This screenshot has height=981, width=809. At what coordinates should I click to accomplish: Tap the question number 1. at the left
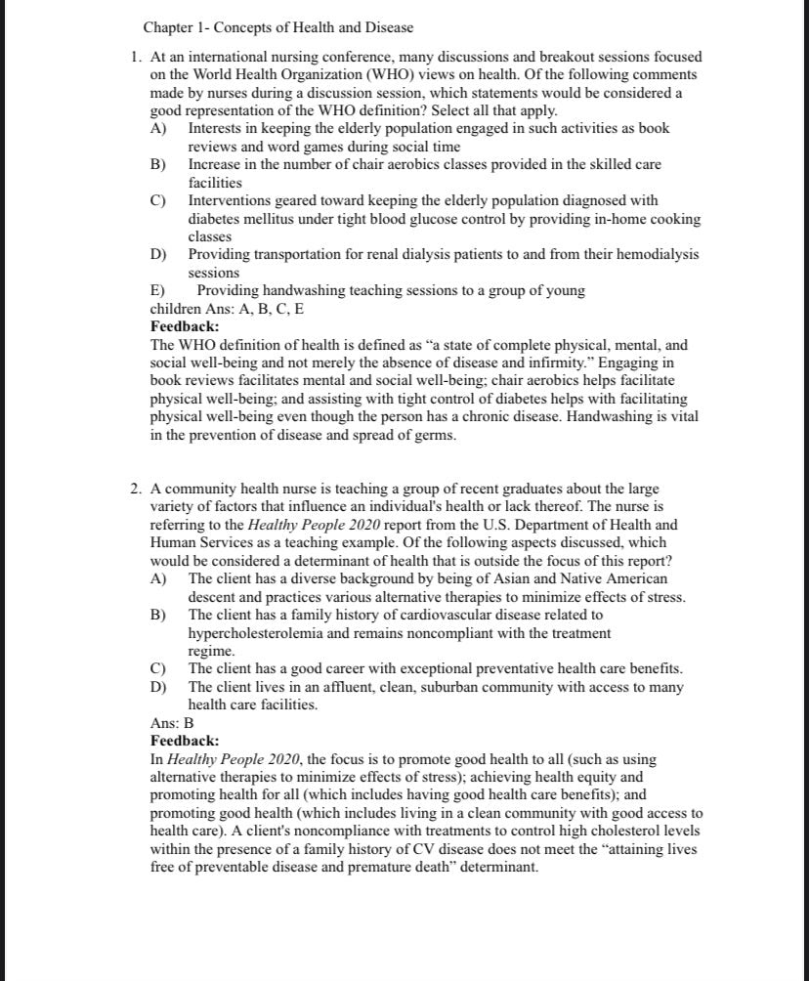point(137,58)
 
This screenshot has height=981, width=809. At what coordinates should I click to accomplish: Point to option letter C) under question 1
point(157,200)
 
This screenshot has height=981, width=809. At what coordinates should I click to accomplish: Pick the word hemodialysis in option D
point(658,254)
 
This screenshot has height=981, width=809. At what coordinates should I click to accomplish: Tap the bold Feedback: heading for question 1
point(185,326)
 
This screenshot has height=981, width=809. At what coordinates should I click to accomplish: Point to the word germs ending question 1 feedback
point(434,435)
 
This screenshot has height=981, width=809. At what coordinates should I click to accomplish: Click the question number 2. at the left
point(137,489)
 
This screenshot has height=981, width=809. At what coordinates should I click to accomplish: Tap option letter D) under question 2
point(157,687)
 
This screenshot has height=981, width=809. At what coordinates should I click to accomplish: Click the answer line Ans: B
point(172,723)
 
